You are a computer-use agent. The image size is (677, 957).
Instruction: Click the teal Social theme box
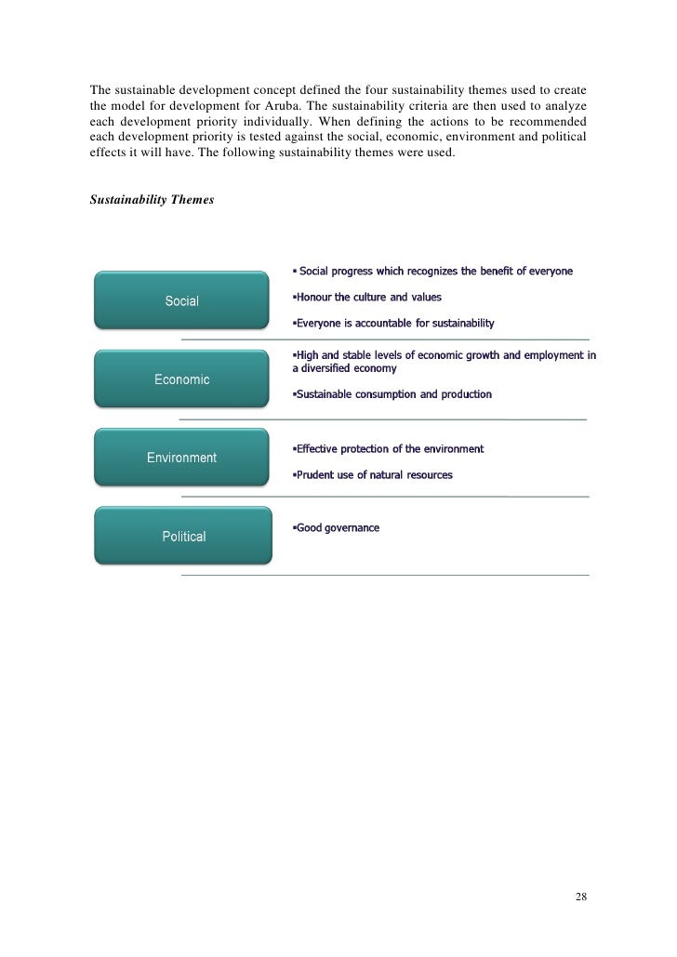[182, 300]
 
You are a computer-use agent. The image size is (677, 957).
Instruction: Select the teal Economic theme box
[182, 379]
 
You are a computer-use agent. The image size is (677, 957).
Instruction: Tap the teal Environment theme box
[182, 458]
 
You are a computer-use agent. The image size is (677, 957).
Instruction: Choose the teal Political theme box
[184, 537]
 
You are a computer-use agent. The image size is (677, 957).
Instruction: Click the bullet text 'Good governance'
[337, 528]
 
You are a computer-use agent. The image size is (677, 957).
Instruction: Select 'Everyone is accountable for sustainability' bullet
[394, 324]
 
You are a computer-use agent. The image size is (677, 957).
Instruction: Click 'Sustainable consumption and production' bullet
[392, 394]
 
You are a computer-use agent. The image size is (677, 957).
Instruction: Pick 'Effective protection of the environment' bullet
[389, 449]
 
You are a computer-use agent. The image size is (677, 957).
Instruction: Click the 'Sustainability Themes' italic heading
[152, 200]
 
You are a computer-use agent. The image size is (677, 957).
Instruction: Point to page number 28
[581, 897]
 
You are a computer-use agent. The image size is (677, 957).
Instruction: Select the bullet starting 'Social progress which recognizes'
[433, 272]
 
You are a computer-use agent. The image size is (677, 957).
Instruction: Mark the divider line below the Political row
[384, 576]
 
